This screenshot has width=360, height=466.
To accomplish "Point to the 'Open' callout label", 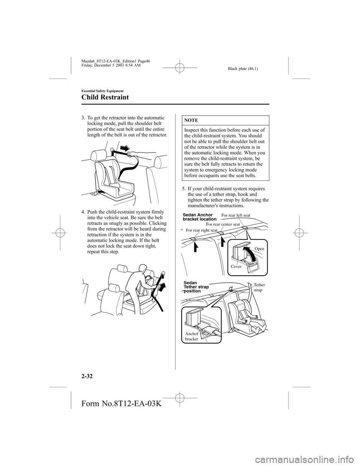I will tap(259, 249).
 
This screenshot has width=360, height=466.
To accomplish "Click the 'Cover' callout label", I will tap(236, 266).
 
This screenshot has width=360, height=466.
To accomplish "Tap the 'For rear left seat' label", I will tap(236, 215).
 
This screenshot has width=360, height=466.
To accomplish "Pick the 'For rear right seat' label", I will tap(201, 230).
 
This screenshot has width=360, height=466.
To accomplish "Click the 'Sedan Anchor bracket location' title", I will tap(199, 217).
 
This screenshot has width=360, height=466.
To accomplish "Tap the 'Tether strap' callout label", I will tap(259, 288).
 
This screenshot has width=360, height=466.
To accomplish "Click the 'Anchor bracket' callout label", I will tap(192, 336).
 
